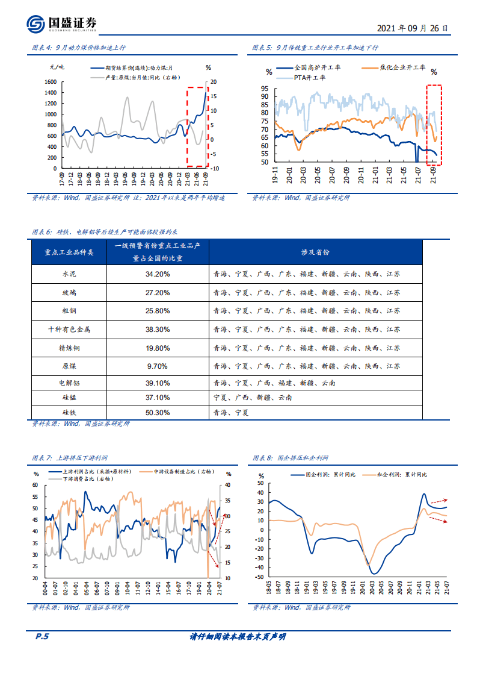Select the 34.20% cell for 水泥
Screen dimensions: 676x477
tap(158, 274)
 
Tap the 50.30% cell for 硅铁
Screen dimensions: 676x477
tap(158, 413)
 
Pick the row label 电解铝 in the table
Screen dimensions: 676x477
tap(69, 383)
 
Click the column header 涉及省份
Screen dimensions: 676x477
tap(315, 252)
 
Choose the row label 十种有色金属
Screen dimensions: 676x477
tap(69, 330)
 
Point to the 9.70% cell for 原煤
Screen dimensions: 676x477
tap(158, 366)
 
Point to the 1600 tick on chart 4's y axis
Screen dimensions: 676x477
tap(51, 82)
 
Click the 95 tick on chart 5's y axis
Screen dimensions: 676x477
tap(265, 89)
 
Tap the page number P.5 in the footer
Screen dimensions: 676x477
tap(38, 636)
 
